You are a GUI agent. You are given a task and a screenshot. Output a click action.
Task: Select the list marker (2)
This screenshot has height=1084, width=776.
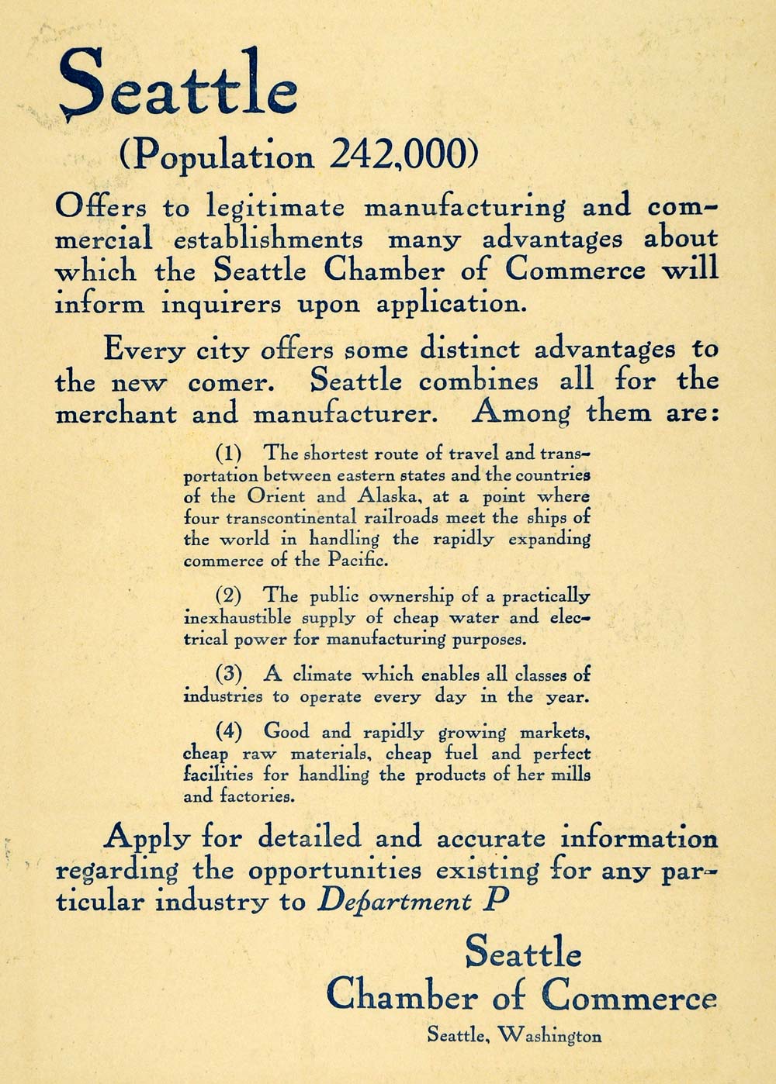pyautogui.click(x=228, y=596)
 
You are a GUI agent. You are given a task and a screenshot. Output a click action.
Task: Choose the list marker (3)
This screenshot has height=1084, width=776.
pyautogui.click(x=228, y=674)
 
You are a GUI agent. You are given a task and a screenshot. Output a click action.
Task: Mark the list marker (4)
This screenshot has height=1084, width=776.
pyautogui.click(x=228, y=730)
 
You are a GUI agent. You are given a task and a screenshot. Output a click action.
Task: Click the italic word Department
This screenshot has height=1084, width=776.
pyautogui.click(x=395, y=902)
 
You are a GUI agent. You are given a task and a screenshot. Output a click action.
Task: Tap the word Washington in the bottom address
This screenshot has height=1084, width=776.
pyautogui.click(x=549, y=1035)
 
